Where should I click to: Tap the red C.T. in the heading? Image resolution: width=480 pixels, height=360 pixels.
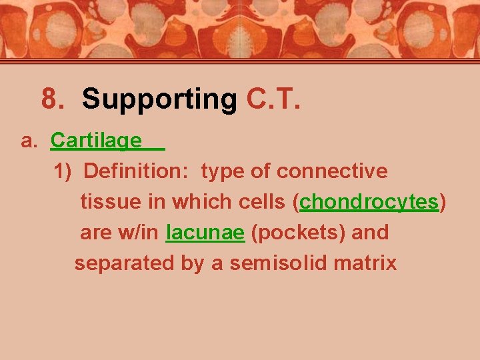click(x=273, y=99)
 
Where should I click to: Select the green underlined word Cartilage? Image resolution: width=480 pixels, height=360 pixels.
click(x=96, y=141)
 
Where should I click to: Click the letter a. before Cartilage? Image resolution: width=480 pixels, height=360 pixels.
click(x=30, y=141)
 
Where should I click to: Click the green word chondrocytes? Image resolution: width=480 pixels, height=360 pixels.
click(x=369, y=202)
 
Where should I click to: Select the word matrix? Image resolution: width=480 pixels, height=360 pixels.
click(x=366, y=263)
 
